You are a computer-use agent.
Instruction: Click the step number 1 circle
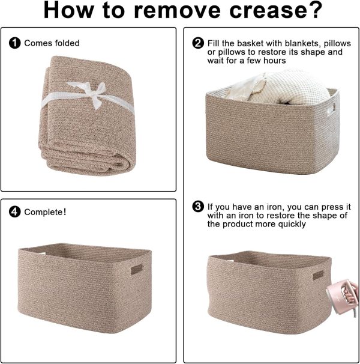[14, 43]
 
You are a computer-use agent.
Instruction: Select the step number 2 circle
[198, 43]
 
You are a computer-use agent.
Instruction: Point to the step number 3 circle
[198, 207]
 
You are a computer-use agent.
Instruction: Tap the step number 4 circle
[14, 212]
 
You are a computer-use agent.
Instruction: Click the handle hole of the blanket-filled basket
[331, 109]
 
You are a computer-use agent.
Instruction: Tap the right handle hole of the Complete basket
[137, 270]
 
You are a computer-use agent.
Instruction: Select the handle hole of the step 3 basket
[318, 275]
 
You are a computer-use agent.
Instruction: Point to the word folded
[68, 43]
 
